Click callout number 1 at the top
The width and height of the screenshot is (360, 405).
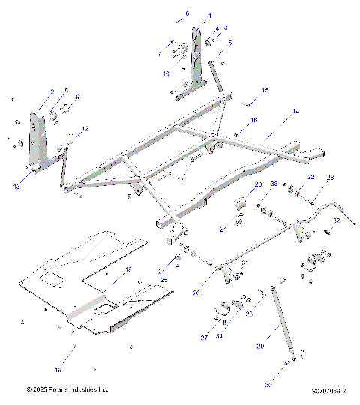(x=209, y=16)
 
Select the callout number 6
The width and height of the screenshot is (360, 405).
(x=187, y=13)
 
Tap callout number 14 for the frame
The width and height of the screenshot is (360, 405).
(x=295, y=111)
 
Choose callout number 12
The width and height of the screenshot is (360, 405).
(x=85, y=129)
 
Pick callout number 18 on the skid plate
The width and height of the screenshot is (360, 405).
(x=127, y=268)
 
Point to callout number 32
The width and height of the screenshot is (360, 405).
(x=337, y=220)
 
